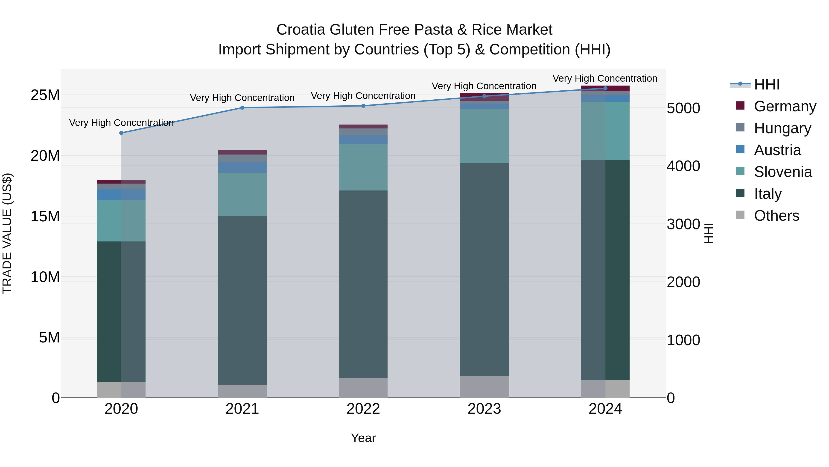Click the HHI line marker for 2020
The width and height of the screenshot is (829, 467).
click(121, 133)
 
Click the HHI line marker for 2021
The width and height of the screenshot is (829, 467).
click(242, 108)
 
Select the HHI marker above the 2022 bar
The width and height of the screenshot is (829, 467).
click(363, 106)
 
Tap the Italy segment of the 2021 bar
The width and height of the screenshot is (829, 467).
click(242, 300)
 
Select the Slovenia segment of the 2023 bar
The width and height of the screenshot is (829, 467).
click(484, 136)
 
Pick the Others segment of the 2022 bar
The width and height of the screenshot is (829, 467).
click(363, 388)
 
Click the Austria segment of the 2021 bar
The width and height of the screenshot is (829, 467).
click(242, 168)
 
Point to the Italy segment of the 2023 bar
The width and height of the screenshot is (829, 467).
click(484, 269)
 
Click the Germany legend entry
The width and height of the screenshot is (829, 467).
click(785, 106)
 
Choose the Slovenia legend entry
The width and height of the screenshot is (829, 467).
click(783, 172)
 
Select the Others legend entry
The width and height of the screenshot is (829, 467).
click(776, 216)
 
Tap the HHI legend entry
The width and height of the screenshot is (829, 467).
click(767, 84)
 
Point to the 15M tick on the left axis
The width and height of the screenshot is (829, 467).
click(45, 216)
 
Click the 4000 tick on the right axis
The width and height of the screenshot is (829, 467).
click(683, 166)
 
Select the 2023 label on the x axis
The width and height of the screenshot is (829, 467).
click(484, 409)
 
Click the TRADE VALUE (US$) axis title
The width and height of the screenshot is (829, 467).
click(7, 233)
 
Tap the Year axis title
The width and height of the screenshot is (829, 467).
click(363, 438)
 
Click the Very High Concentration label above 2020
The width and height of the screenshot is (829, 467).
click(121, 123)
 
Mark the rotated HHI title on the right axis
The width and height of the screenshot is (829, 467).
click(708, 233)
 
